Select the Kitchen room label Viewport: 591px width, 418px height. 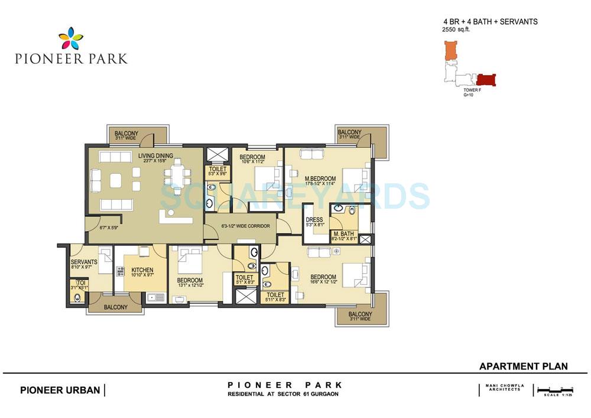[142, 270]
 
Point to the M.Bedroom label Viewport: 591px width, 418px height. [320, 179]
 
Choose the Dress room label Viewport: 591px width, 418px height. [314, 221]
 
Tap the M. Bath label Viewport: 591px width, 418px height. [343, 234]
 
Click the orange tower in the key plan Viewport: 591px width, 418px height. [450, 50]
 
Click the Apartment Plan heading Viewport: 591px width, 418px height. [523, 367]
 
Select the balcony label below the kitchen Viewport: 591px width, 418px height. [116, 307]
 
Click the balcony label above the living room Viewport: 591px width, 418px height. [126, 134]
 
